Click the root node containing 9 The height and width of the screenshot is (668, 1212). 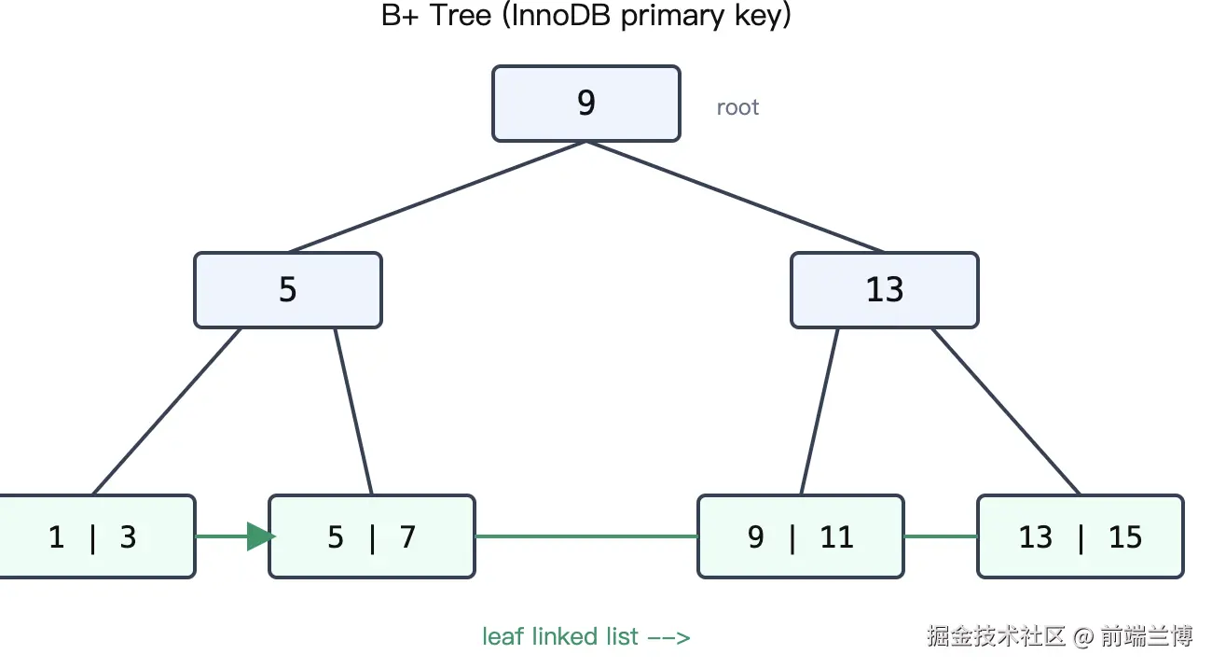pyautogui.click(x=586, y=104)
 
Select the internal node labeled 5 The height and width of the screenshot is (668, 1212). pyautogui.click(x=288, y=290)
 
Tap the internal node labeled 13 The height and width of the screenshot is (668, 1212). pyautogui.click(x=885, y=290)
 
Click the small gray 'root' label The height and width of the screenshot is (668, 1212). pyautogui.click(x=737, y=107)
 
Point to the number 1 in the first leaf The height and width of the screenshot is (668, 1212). pyautogui.click(x=56, y=537)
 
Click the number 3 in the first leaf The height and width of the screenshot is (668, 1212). pyautogui.click(x=129, y=537)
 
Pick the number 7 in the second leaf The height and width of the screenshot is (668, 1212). pyautogui.click(x=408, y=537)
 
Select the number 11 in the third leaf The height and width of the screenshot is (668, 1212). pyautogui.click(x=836, y=537)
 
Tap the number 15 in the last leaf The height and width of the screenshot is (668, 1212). pyautogui.click(x=1125, y=537)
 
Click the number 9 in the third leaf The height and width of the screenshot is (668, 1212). pyautogui.click(x=756, y=537)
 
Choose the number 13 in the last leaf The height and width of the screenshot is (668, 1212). pyautogui.click(x=1036, y=537)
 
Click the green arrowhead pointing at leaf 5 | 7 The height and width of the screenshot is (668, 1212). pyautogui.click(x=261, y=536)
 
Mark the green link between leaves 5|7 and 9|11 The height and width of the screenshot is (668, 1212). pyautogui.click(x=586, y=536)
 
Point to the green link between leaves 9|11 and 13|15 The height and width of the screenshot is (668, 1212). pyautogui.click(x=941, y=536)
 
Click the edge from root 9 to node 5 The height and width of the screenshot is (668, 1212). pyautogui.click(x=437, y=197)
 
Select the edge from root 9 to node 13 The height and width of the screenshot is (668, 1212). pyautogui.click(x=735, y=197)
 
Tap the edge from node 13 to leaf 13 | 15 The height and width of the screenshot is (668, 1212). pyautogui.click(x=1006, y=411)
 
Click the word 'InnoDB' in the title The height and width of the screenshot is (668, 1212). pyautogui.click(x=560, y=15)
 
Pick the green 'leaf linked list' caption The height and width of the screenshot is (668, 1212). pyautogui.click(x=586, y=636)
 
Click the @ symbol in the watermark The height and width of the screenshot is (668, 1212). pyautogui.click(x=1082, y=636)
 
